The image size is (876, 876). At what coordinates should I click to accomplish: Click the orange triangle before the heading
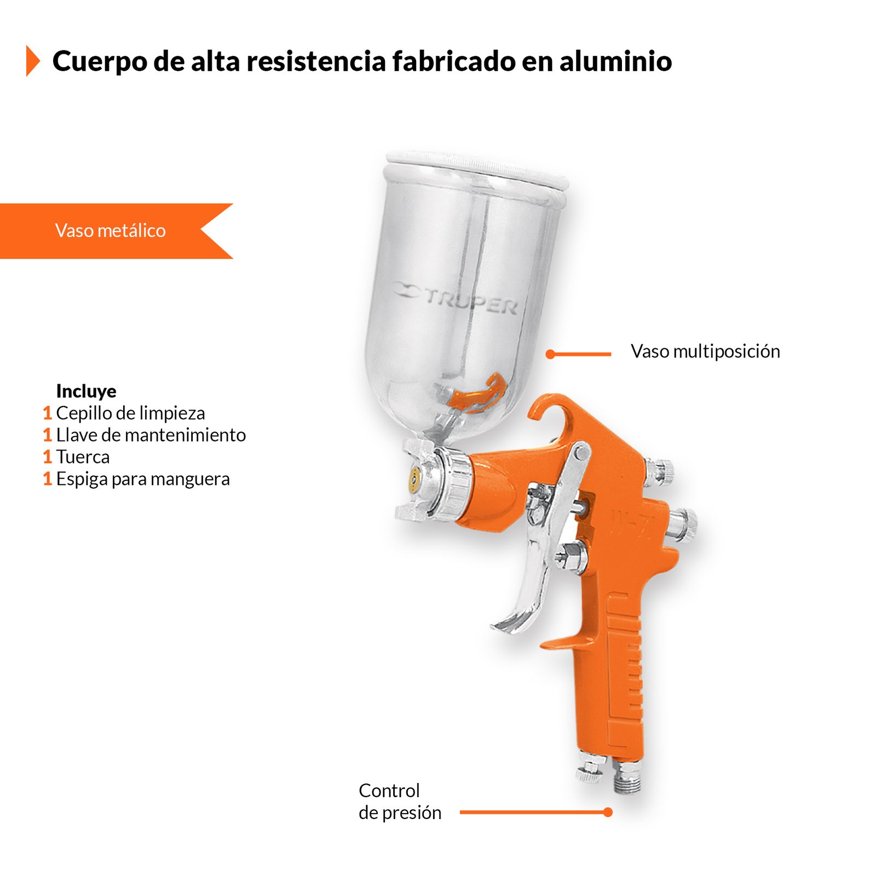pyautogui.click(x=33, y=61)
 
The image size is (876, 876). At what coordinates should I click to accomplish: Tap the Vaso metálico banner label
pyautogui.click(x=111, y=230)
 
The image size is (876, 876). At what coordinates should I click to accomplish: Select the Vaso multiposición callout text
pyautogui.click(x=705, y=351)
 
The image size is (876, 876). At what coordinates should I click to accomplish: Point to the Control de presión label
pyautogui.click(x=400, y=802)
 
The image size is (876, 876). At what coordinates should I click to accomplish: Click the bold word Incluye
pyautogui.click(x=86, y=391)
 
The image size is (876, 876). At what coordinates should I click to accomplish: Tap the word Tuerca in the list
pyautogui.click(x=83, y=457)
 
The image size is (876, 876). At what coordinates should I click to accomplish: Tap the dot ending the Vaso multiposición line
pyautogui.click(x=550, y=354)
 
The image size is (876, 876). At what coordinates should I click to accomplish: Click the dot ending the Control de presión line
pyautogui.click(x=608, y=812)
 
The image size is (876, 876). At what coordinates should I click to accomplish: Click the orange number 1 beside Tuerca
pyautogui.click(x=48, y=457)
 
